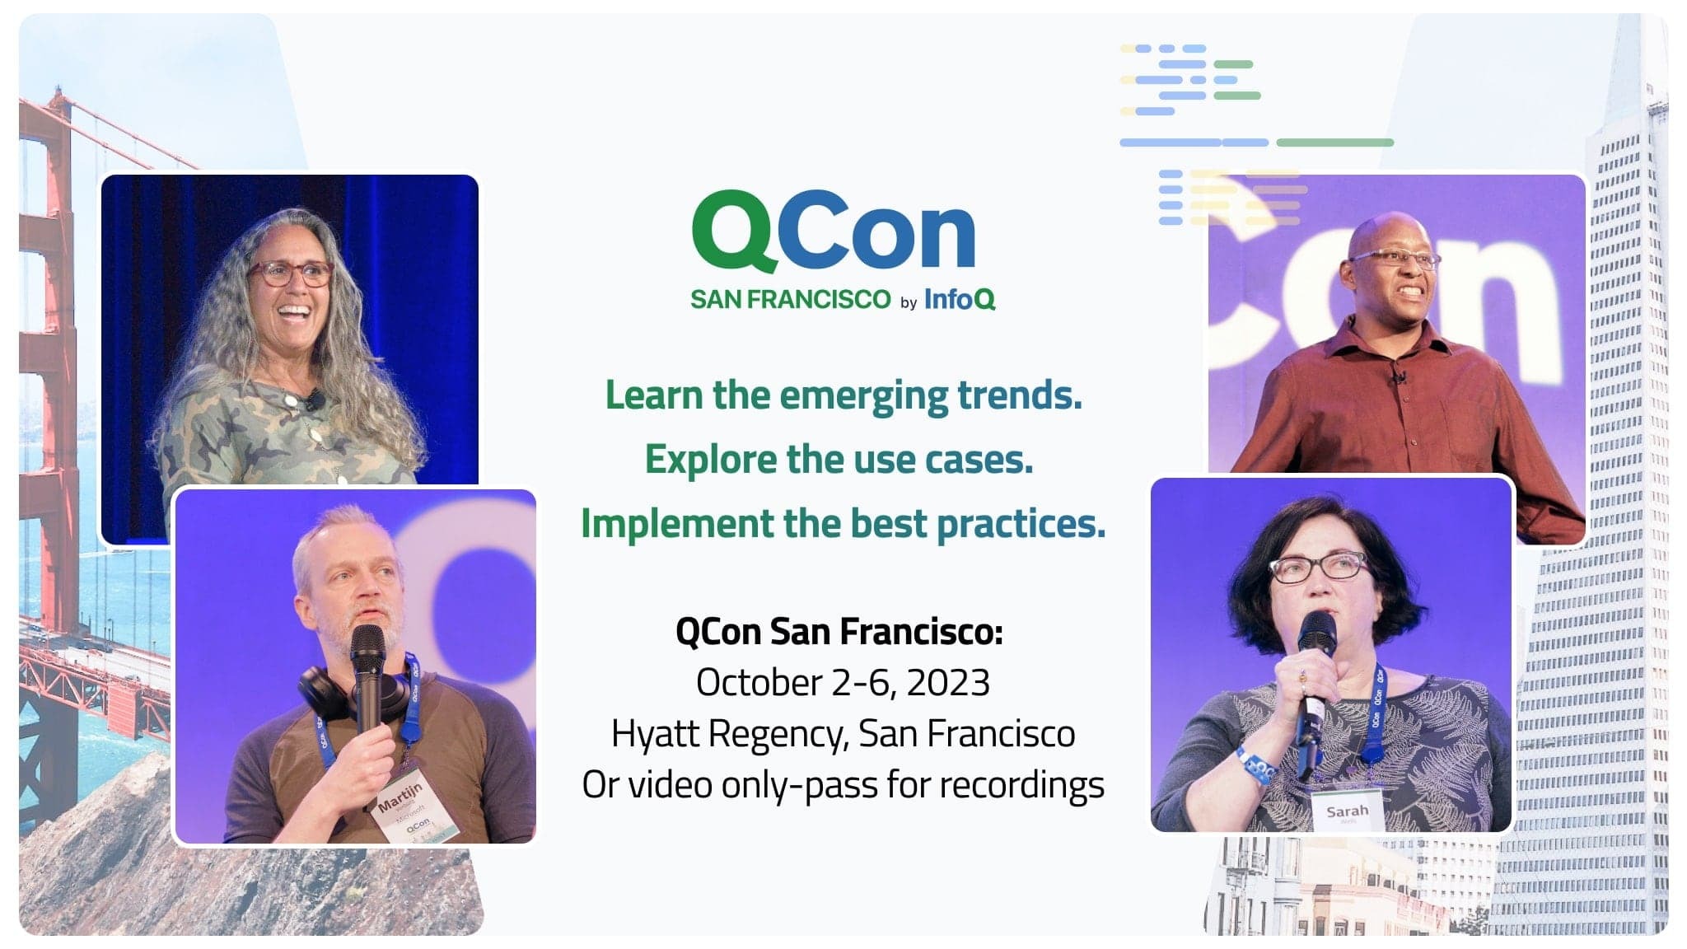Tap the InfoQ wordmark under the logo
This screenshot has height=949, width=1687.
(960, 299)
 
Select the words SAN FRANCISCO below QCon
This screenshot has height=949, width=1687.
(790, 299)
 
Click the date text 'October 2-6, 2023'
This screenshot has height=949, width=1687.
(843, 683)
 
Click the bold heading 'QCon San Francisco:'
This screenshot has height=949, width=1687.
(839, 633)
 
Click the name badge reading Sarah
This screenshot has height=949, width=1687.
(1347, 811)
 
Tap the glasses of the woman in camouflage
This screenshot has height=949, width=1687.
(290, 273)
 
